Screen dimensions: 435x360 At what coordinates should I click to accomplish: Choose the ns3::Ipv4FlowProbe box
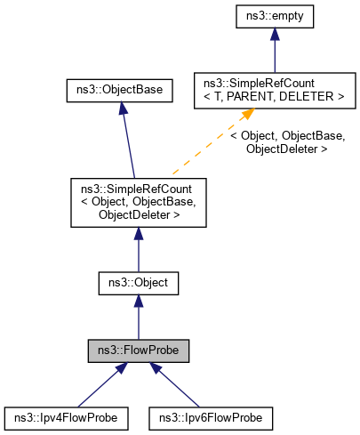tap(67, 415)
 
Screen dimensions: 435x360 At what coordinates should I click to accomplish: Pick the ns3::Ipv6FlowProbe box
tap(210, 415)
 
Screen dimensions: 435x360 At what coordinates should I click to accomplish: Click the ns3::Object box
tap(138, 284)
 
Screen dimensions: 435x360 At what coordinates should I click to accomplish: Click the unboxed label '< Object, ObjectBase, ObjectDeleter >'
tap(287, 142)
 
